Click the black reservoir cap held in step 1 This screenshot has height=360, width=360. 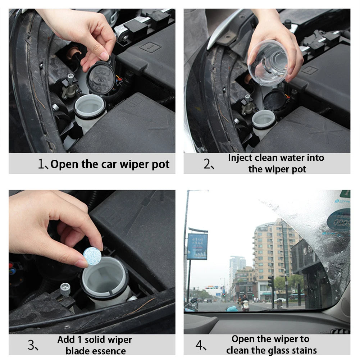tap(101, 78)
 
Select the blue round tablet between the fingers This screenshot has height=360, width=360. tap(92, 256)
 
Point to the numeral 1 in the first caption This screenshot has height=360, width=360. tap(41, 165)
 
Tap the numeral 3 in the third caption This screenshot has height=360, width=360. tap(32, 346)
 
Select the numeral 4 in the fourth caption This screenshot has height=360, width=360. tap(199, 346)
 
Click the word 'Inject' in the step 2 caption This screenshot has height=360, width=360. tap(240, 158)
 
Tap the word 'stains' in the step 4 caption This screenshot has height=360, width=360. tap(304, 350)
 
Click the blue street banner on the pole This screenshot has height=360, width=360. tap(197, 246)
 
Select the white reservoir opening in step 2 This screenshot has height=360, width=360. tap(264, 119)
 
